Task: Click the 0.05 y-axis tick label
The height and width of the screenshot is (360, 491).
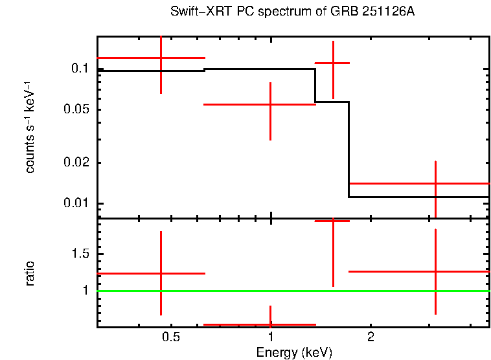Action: [75, 109]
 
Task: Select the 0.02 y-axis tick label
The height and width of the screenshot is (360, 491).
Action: [75, 163]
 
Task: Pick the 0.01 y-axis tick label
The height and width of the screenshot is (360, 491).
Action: [75, 204]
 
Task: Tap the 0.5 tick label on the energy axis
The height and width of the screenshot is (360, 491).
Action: [170, 337]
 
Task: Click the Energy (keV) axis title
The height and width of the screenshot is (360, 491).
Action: [294, 352]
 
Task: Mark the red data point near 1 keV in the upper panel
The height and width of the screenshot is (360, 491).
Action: [270, 104]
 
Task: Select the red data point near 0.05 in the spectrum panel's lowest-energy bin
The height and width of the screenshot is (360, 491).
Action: [161, 58]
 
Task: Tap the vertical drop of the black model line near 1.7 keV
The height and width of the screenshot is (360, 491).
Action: [348, 149]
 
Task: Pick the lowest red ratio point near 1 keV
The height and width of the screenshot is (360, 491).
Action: [270, 324]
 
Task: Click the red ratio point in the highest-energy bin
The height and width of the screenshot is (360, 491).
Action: [435, 271]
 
